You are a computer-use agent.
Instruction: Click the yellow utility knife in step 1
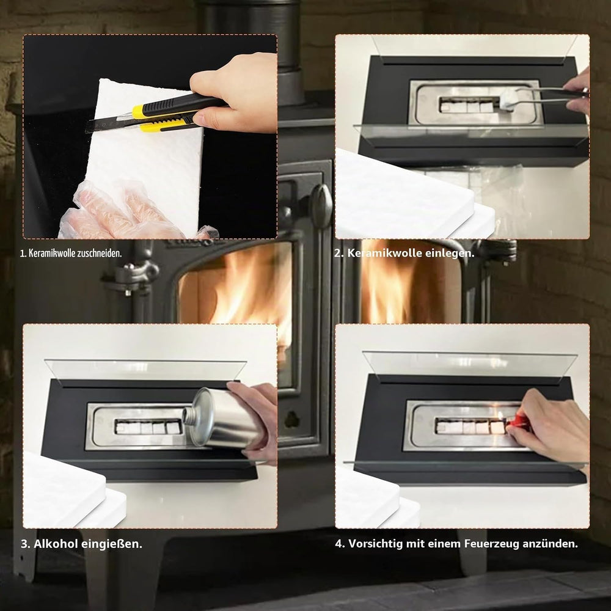(156, 114)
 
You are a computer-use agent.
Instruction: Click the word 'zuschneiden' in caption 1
(99, 254)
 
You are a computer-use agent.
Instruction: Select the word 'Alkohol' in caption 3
(55, 544)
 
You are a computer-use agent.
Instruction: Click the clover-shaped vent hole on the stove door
(291, 419)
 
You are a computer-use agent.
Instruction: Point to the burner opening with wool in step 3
(148, 426)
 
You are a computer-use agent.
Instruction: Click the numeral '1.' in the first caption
(23, 254)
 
